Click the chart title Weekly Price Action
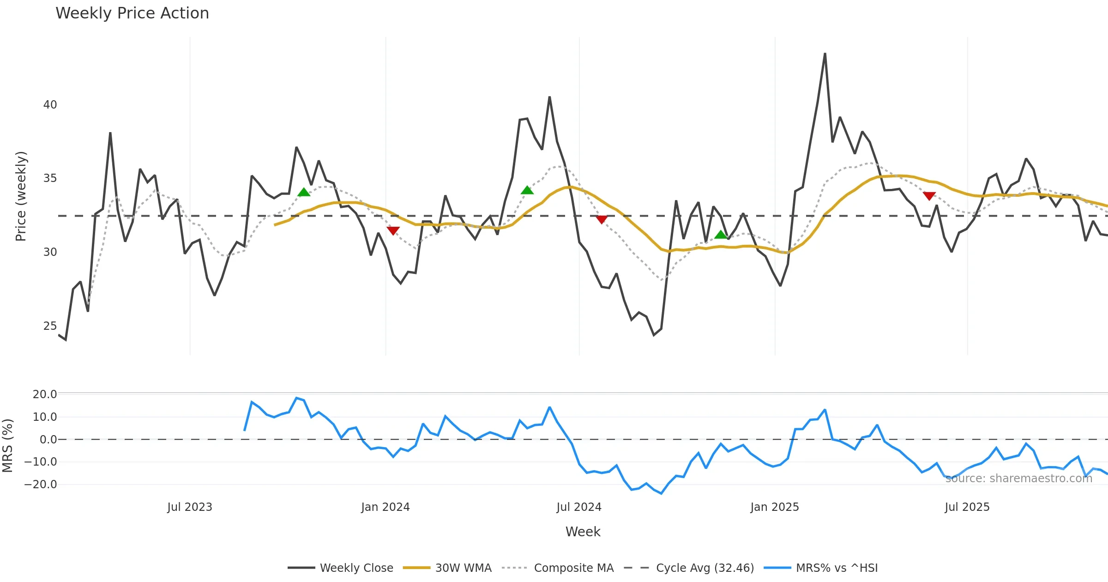tap(132, 13)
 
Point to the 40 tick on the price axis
tap(50, 105)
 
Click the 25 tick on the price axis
tap(50, 326)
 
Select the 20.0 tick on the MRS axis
tap(45, 394)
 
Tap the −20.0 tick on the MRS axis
tap(41, 485)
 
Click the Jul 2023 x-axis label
tap(190, 507)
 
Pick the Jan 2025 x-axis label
tap(775, 507)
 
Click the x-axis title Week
tap(583, 532)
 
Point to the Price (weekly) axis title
tap(21, 196)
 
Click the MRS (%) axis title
tap(8, 446)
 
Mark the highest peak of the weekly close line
tap(825, 54)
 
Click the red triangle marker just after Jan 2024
tap(393, 230)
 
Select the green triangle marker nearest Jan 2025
tap(721, 235)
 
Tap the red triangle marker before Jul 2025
tap(929, 196)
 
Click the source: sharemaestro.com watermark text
tap(1019, 479)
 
